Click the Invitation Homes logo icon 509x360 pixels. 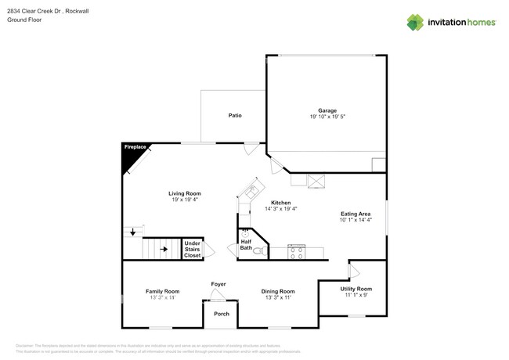[415, 21]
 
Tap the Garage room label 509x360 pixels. [327, 110]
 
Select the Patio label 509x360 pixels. [234, 115]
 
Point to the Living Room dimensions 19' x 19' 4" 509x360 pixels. [185, 200]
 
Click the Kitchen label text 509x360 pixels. [281, 202]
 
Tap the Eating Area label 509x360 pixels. [355, 213]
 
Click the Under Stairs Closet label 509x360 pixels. [192, 249]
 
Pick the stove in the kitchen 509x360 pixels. [297, 251]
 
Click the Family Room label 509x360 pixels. [162, 291]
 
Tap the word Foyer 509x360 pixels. [218, 283]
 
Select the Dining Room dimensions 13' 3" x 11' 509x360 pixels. [277, 297]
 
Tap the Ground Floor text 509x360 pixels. [24, 20]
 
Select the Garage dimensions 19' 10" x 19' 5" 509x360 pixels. [327, 117]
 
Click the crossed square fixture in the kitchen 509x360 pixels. [316, 180]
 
